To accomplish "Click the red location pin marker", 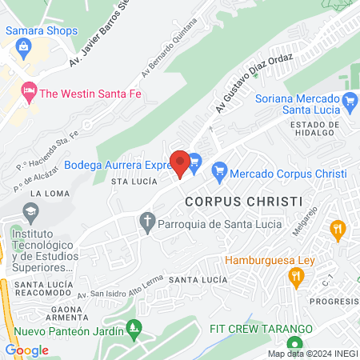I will pos(181,163).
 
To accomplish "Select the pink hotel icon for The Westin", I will pos(30,92).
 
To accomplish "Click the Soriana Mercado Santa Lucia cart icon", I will pos(349,100).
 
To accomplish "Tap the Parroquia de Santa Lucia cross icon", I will pos(146,223).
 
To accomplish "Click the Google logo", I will pos(27,350).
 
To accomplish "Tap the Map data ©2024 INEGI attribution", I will pos(310,353).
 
